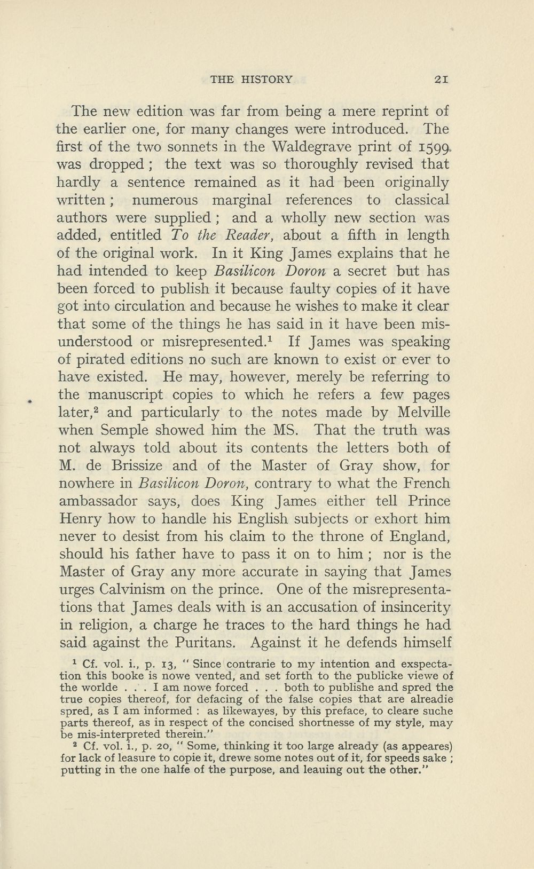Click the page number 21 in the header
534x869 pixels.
pos(441,80)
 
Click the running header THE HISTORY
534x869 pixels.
pos(252,80)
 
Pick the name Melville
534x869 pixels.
pos(422,413)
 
